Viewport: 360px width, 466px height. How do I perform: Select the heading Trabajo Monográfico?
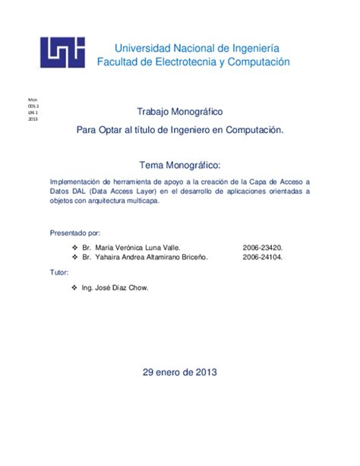(x=180, y=112)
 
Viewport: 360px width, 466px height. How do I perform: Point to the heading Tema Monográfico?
(x=180, y=165)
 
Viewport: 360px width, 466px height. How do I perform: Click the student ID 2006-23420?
(x=263, y=248)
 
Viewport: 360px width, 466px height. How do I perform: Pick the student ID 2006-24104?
(x=263, y=258)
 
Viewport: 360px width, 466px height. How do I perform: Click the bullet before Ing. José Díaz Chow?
(x=73, y=288)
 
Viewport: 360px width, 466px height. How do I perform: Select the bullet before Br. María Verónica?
(x=73, y=248)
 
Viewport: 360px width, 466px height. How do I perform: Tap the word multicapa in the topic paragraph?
(x=134, y=201)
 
